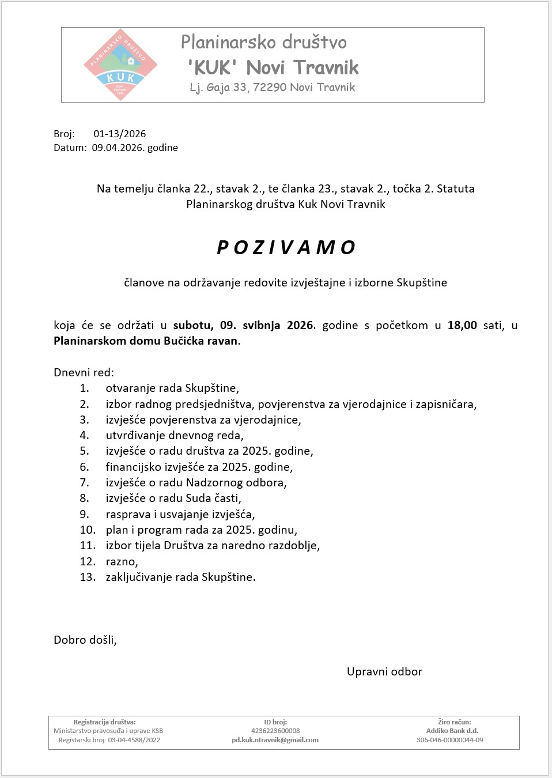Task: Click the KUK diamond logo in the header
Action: pyautogui.click(x=120, y=65)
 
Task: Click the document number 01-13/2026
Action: pyautogui.click(x=120, y=134)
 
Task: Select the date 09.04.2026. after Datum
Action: pyautogui.click(x=118, y=148)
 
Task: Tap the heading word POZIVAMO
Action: pyautogui.click(x=286, y=247)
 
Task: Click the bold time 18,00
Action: pyautogui.click(x=462, y=325)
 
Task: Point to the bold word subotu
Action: pyautogui.click(x=193, y=325)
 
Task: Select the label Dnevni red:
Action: pyautogui.click(x=84, y=372)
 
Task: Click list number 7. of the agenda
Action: pyautogui.click(x=84, y=482)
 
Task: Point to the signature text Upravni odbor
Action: pyautogui.click(x=384, y=671)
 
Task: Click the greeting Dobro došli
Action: pyautogui.click(x=85, y=640)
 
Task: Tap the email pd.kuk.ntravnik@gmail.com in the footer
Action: pyautogui.click(x=275, y=740)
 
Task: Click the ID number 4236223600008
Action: pyautogui.click(x=275, y=731)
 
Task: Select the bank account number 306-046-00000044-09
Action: pyautogui.click(x=449, y=740)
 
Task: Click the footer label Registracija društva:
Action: pyautogui.click(x=104, y=722)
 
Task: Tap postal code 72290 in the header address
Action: pyautogui.click(x=270, y=88)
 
